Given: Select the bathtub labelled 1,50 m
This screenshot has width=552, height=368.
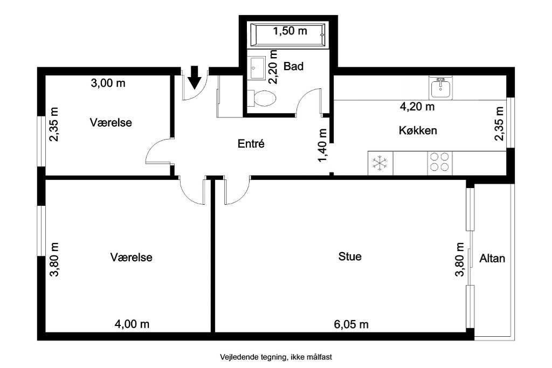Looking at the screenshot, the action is coord(288,35).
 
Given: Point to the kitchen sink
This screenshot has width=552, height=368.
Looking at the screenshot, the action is coord(440,88).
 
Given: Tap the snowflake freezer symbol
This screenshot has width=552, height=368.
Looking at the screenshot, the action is coord(380,163).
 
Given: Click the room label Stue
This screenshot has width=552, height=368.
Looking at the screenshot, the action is coord(350,256).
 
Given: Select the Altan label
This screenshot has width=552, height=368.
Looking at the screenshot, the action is coord(492,258).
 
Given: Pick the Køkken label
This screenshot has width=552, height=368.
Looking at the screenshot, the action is coord(418,130).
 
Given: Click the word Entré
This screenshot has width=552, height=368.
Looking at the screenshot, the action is coord(251,143).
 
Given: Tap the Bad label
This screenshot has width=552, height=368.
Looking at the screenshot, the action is coord(293,66).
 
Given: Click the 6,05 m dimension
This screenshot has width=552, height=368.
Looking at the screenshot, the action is coord(351,324).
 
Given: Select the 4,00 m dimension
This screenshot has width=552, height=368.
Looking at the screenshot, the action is coord(132,324).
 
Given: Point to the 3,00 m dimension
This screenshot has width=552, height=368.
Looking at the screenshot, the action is coord(108,83).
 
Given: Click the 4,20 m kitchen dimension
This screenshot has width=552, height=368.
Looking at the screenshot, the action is coord(417,106).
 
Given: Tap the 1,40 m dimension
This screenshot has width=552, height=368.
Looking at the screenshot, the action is coord(322,145).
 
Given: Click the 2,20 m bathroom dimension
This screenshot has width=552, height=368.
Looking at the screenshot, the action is coord(273,66).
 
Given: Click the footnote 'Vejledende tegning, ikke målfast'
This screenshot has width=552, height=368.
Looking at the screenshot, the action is coord(276,357).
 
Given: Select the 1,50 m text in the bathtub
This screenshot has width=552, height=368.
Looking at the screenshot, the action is coord(290,31).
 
